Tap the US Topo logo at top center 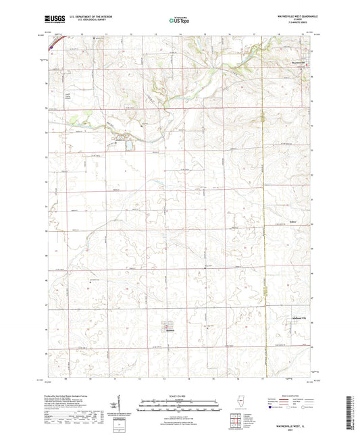[x=177, y=21]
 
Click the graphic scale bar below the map [x=180, y=401]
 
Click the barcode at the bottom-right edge [x=351, y=412]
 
